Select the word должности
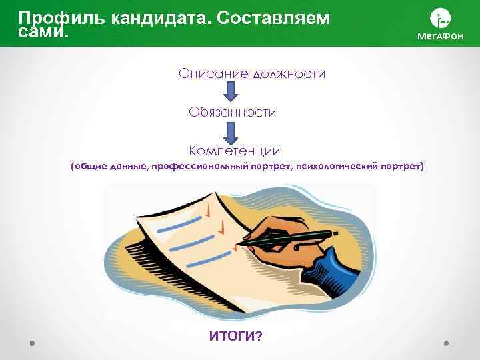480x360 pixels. coord(289,73)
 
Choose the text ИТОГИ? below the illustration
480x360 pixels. coord(235,337)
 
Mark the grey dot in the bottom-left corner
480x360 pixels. coord(33,343)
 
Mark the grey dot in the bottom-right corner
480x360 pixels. coord(446,343)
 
